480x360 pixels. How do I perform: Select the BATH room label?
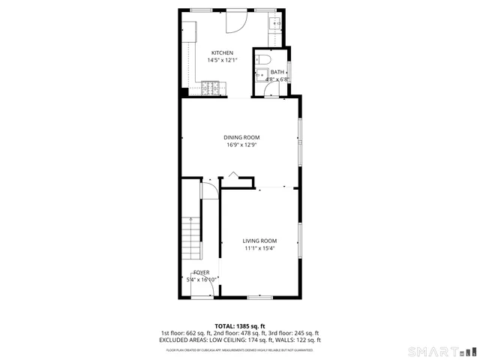tap(267, 72)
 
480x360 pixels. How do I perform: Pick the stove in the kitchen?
tap(211, 90)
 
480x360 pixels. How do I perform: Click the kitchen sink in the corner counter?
tap(274, 23)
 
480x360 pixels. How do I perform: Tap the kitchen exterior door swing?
tap(235, 21)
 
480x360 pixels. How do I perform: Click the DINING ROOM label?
tap(241, 137)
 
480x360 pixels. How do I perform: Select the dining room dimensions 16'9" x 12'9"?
tap(241, 145)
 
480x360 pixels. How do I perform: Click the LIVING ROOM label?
tap(259, 241)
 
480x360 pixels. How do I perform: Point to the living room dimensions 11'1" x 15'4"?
tap(259, 248)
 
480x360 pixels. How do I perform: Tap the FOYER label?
tap(202, 272)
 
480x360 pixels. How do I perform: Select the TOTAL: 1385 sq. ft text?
tap(240, 326)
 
